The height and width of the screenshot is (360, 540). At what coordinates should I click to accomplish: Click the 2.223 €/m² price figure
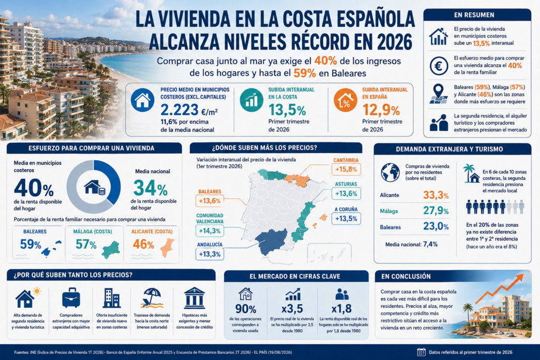click(189, 110)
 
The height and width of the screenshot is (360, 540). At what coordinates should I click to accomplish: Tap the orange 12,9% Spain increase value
click(381, 110)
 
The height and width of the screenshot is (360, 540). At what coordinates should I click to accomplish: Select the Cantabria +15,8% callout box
click(346, 169)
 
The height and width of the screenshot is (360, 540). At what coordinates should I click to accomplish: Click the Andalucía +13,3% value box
click(210, 254)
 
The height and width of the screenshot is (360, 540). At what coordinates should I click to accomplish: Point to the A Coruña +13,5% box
click(346, 219)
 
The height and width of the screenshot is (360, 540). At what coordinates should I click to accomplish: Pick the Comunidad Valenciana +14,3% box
click(210, 230)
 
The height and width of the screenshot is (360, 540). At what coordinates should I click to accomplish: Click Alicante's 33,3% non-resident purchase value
click(436, 195)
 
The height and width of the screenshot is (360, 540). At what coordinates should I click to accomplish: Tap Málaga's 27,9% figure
click(436, 211)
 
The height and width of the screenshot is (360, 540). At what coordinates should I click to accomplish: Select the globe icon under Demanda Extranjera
click(390, 172)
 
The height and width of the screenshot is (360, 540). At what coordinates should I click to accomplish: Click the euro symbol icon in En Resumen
click(438, 65)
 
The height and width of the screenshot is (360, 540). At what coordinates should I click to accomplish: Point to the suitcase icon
click(71, 298)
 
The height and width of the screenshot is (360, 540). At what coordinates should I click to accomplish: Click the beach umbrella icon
click(151, 298)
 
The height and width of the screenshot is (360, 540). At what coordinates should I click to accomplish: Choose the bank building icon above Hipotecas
click(195, 298)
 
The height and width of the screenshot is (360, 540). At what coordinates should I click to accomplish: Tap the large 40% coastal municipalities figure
click(34, 188)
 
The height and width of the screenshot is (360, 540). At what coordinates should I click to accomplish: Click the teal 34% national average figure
click(150, 188)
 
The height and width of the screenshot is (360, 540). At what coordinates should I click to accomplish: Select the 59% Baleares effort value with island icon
click(31, 245)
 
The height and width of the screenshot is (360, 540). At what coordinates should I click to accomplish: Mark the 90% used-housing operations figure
click(246, 309)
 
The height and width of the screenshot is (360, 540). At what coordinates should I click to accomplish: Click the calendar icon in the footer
click(421, 352)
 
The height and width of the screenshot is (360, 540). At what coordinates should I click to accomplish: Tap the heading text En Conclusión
click(401, 276)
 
